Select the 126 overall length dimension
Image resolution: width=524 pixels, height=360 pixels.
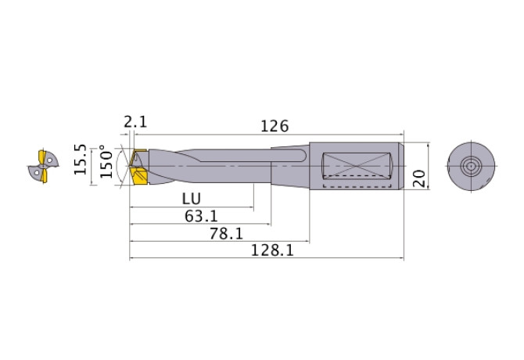click(275, 125)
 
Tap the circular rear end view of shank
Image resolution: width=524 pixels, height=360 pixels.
click(471, 167)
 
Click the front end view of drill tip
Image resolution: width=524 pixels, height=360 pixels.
click(40, 165)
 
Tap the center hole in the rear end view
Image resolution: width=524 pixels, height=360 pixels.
click(471, 167)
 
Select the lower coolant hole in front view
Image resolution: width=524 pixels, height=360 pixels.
click(34, 171)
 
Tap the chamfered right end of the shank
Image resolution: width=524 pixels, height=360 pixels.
click(401, 166)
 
